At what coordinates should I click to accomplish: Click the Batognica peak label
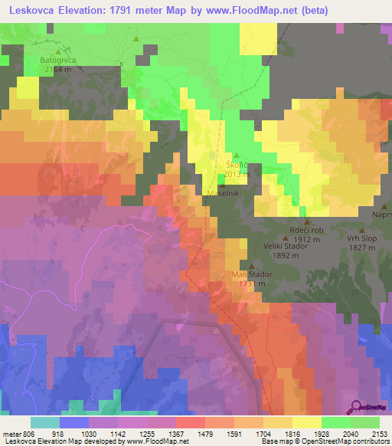point(58,59)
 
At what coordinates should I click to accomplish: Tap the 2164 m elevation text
point(58,69)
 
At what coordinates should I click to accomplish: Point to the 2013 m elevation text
point(237,174)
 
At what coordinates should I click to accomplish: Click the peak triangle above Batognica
point(57,51)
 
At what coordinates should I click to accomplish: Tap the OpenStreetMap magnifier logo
point(356,407)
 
